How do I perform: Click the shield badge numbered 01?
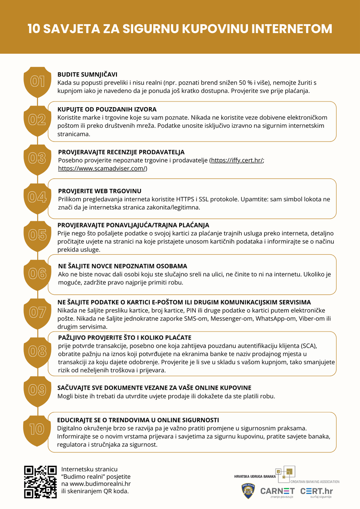38,82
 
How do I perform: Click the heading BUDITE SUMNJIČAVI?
87,74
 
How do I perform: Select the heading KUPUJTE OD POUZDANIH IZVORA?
107,110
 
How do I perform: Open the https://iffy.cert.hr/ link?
237,161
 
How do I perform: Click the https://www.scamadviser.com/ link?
102,169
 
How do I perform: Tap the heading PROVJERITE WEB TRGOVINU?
100,191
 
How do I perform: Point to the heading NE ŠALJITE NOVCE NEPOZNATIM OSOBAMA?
123,266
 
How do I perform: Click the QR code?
40,482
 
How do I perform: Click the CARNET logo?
277,491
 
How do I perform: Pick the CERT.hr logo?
316,491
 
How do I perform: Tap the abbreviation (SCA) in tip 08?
309,346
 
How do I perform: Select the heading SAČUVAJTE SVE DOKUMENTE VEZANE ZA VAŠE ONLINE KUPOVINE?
154,388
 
